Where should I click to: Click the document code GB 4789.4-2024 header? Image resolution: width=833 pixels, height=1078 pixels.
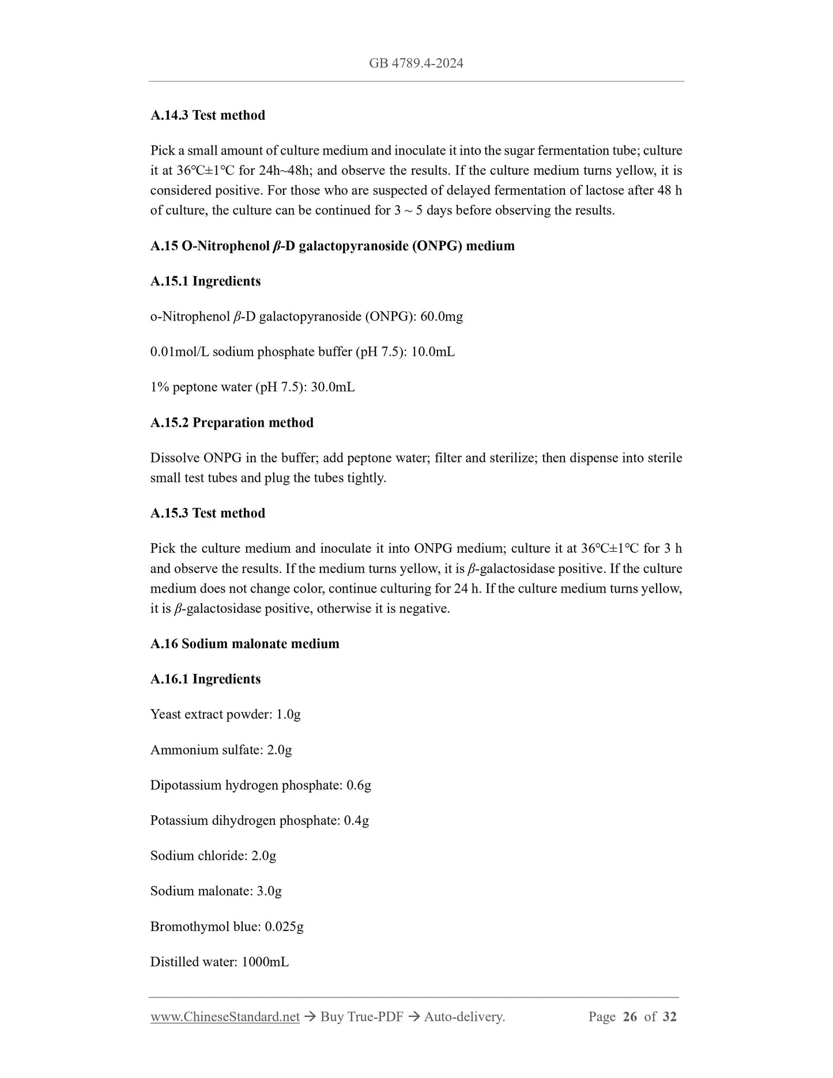point(416,63)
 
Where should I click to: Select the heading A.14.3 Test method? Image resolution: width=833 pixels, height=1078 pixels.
point(208,115)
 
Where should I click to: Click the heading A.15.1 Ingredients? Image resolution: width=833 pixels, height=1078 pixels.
point(205,281)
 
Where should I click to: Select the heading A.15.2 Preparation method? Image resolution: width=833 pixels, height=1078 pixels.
point(232,423)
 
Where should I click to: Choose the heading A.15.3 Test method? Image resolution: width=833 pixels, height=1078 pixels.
point(208,513)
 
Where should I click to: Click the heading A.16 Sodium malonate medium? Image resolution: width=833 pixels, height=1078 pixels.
point(244,643)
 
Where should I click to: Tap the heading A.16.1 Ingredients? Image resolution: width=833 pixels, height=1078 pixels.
point(205,679)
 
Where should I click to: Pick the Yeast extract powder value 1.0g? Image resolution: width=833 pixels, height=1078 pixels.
point(288,714)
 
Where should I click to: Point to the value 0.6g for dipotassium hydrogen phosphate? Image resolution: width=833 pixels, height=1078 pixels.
point(359,785)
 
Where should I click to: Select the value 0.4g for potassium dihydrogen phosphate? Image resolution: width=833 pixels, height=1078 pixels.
point(356,820)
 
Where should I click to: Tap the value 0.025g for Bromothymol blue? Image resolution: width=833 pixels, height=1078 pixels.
point(284,926)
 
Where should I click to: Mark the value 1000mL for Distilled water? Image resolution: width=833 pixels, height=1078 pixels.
point(265,962)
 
